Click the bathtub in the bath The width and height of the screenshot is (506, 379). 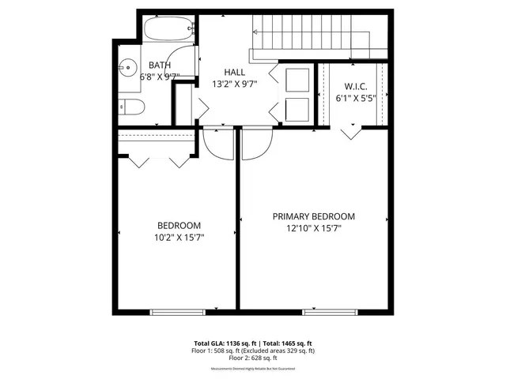click(168, 29)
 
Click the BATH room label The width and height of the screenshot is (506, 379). click(160, 66)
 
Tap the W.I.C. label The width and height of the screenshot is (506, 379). click(355, 86)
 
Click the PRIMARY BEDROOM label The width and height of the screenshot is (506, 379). click(314, 216)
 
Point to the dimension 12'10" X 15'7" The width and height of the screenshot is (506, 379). click(314, 228)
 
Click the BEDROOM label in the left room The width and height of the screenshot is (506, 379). click(179, 224)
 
